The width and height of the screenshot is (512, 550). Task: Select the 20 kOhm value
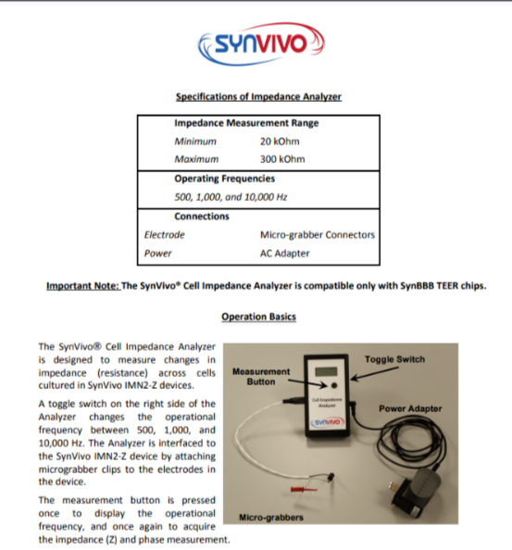tap(279, 141)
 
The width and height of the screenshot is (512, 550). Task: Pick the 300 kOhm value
tap(281, 158)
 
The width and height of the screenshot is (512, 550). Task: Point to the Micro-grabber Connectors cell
tap(318, 234)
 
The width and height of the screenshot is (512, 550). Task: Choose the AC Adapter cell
tap(285, 252)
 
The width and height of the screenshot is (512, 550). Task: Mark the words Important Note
tap(83, 285)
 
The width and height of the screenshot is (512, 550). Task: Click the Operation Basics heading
tap(258, 317)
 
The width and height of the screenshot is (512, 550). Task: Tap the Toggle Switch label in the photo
tap(395, 359)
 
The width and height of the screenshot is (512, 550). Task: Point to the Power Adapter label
tap(408, 407)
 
